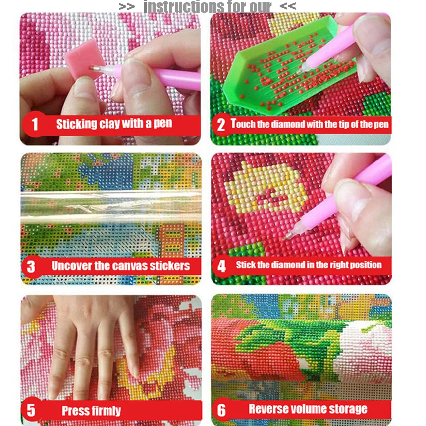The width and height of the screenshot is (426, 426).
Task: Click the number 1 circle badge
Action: [x=34, y=124]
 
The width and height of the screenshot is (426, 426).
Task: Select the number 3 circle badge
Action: [x=31, y=266]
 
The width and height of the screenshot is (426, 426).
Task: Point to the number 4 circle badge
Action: [x=221, y=266]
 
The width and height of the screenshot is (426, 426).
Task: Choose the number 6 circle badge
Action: [x=221, y=410]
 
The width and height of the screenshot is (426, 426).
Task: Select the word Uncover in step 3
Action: [x=72, y=266]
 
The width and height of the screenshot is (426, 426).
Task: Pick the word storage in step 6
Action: [x=348, y=409]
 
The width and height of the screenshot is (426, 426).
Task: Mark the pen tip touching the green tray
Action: [x=300, y=71]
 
